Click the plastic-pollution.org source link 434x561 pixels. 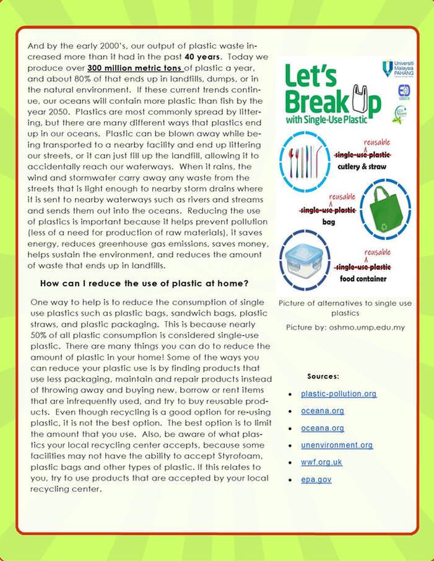pyautogui.click(x=338, y=393)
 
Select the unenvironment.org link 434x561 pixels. pyautogui.click(x=337, y=445)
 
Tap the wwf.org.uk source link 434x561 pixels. pyautogui.click(x=321, y=462)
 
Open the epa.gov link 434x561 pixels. pyautogui.click(x=316, y=479)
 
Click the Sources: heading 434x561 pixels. pyautogui.click(x=323, y=375)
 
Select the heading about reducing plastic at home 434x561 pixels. pyautogui.click(x=144, y=283)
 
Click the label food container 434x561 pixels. pyautogui.click(x=363, y=278)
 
